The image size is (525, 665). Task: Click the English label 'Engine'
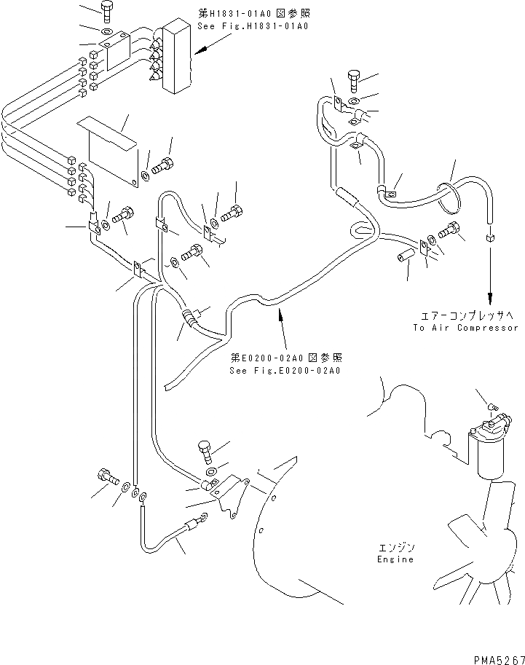tap(395, 559)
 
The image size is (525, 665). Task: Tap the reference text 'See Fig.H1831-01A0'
tap(253, 25)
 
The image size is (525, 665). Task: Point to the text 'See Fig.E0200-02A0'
tap(285, 370)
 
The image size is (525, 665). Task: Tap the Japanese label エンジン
tap(395, 546)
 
